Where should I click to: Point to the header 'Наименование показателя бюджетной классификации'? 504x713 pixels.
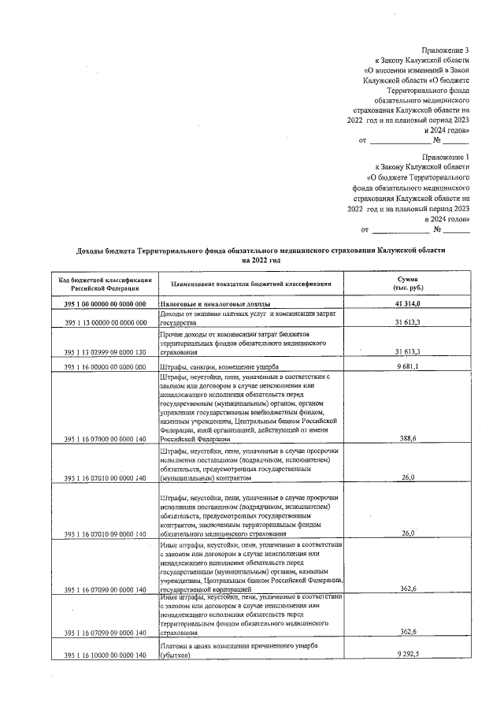[x=248, y=284]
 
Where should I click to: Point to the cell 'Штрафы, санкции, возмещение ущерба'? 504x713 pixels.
[x=220, y=367]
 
